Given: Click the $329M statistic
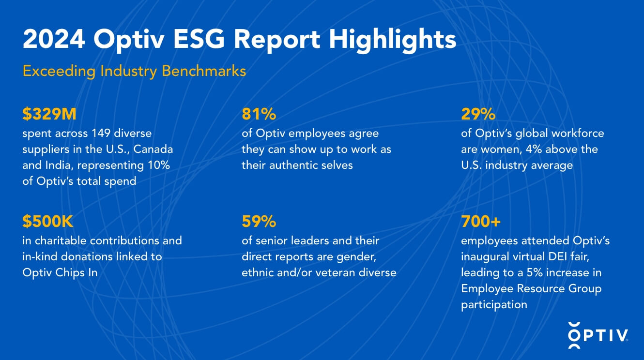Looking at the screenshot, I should (49, 114).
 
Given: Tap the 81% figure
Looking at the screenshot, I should (259, 114).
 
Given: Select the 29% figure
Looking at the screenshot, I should (478, 114).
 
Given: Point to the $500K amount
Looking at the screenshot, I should (48, 222).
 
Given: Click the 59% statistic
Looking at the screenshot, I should (259, 222).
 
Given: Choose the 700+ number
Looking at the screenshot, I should (480, 222).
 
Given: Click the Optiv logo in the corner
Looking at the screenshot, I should (598, 335).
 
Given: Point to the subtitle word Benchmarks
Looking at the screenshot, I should (204, 71).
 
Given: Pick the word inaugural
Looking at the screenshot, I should (485, 256).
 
